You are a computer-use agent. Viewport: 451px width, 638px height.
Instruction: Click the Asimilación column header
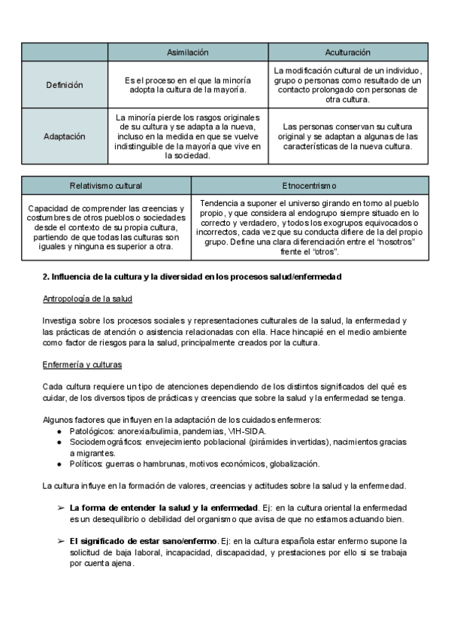pyautogui.click(x=187, y=52)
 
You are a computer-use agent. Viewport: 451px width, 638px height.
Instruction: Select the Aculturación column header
pyautogui.click(x=347, y=52)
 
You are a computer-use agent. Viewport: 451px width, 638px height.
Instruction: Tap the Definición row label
pyautogui.click(x=65, y=85)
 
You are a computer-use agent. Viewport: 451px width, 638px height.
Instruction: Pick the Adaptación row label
pyautogui.click(x=65, y=137)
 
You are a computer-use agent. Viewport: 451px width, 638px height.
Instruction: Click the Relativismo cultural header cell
pyautogui.click(x=106, y=185)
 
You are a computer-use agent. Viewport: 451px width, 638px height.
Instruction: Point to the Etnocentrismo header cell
pyautogui.click(x=309, y=185)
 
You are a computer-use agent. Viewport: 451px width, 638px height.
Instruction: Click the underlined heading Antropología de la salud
pyautogui.click(x=87, y=299)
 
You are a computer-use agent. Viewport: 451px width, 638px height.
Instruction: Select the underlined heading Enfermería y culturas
pyautogui.click(x=83, y=365)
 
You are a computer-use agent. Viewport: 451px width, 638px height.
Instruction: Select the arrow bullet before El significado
pyautogui.click(x=60, y=541)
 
